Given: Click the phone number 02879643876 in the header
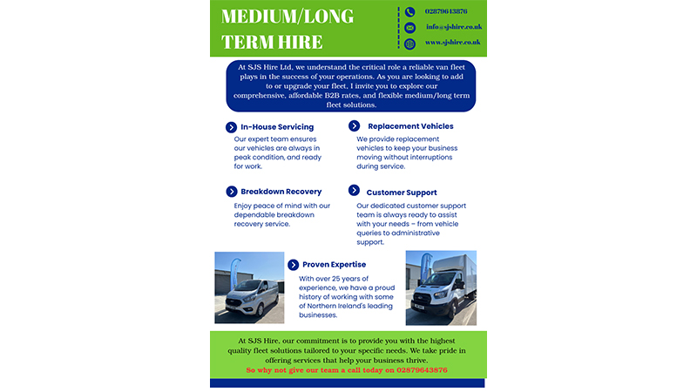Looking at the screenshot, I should (x=445, y=11).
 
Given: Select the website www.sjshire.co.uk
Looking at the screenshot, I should (x=452, y=42).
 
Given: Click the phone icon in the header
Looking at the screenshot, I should (x=409, y=12).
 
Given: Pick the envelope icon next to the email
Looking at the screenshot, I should (x=409, y=28).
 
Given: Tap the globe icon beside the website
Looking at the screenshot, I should (x=409, y=44).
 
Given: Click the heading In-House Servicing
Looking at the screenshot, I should (x=277, y=127).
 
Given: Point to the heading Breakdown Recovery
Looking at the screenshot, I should (x=281, y=192).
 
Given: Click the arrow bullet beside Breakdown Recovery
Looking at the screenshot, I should (x=232, y=192).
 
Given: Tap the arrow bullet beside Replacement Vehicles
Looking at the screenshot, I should (x=354, y=126).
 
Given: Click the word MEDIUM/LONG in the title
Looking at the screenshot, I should (x=288, y=17).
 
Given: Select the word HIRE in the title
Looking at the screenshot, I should (x=301, y=42).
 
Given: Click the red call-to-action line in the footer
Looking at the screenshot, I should (x=347, y=370).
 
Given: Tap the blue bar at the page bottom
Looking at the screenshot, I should (x=347, y=382).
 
